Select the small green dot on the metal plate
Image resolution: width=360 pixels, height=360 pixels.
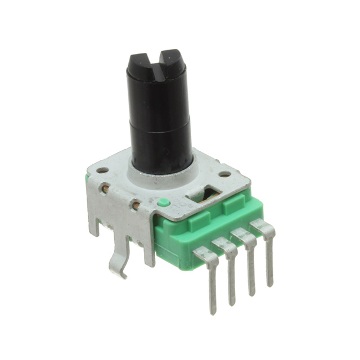[x=163, y=202]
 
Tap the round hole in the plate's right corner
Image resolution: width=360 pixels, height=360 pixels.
[x=224, y=174]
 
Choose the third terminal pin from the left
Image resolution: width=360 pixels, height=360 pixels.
[x=250, y=264]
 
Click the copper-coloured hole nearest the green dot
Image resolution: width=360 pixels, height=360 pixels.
[x=136, y=205]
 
